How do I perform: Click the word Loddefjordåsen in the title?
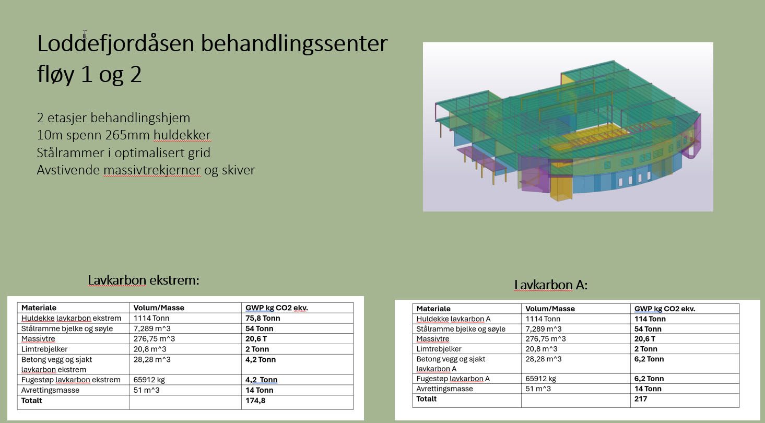[x=116, y=44]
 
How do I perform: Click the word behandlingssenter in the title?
[x=294, y=44]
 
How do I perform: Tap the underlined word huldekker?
[x=182, y=135]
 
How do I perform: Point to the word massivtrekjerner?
[x=152, y=170]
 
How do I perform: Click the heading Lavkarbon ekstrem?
[x=144, y=280]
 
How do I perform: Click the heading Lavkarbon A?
[x=551, y=285]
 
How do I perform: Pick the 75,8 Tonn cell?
[x=263, y=318]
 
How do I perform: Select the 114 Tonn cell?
[x=650, y=319]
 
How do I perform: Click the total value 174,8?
[x=255, y=401]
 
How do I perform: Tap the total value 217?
[x=641, y=399]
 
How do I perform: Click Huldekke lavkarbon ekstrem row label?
[x=71, y=318]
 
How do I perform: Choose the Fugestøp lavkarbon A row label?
[x=453, y=379]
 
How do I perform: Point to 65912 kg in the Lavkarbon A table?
[x=540, y=379]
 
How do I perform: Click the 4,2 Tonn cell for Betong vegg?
[x=260, y=359]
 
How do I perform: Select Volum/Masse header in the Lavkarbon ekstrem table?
[x=159, y=308]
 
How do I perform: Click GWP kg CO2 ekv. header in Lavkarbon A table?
[x=665, y=309]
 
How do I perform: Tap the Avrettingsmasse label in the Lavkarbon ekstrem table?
[x=50, y=390]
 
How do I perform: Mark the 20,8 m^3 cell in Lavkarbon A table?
[x=542, y=349]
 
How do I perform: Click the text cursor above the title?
[x=85, y=34]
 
